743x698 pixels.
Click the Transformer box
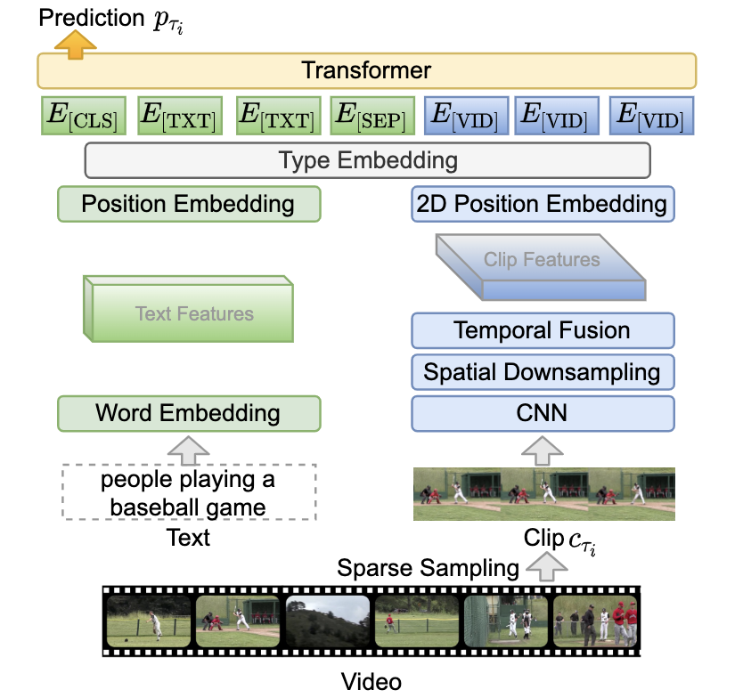(366, 70)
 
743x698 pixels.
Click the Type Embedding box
(367, 161)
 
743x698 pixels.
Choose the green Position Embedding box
(188, 204)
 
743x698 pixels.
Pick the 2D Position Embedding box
(542, 204)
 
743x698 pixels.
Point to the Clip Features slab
(542, 264)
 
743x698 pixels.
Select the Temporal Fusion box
(542, 331)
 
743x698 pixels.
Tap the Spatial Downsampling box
(542, 372)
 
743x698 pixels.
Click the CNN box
(542, 412)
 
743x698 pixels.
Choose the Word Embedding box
(188, 413)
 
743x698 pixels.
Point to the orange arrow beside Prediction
(76, 45)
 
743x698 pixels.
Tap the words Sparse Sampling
(428, 567)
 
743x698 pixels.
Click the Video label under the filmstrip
(371, 682)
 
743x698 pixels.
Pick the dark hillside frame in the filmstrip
(327, 621)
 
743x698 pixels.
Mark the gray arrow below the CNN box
(542, 450)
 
